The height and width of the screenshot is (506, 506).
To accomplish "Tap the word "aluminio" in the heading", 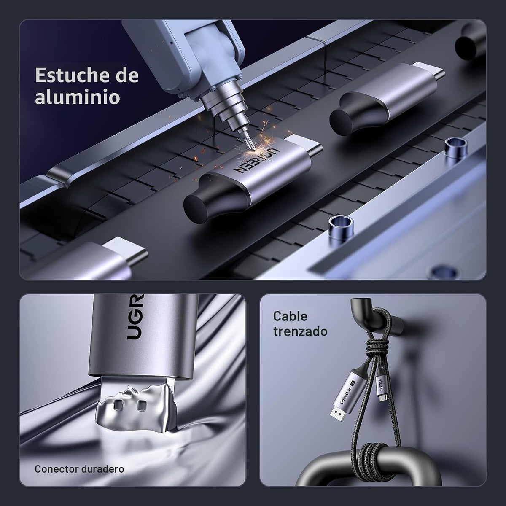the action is coord(78,97).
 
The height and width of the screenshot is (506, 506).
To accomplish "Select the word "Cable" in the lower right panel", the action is coord(290,316).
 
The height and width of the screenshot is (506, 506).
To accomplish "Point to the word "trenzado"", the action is coord(300,331).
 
